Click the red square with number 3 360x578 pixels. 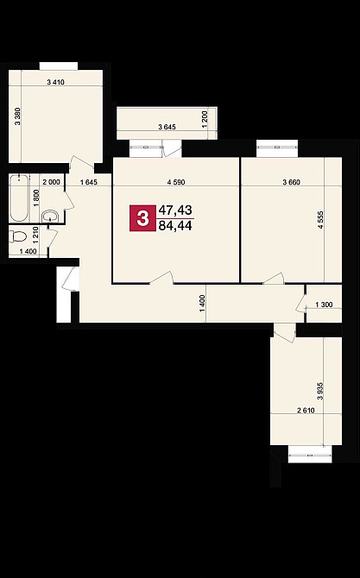[142, 218]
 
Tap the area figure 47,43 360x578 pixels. [175, 210]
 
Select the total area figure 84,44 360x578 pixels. [175, 225]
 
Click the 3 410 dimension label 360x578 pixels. [56, 82]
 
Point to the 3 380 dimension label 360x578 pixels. [18, 116]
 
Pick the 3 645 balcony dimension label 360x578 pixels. [167, 127]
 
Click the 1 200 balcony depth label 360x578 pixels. [205, 119]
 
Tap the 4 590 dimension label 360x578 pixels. [176, 182]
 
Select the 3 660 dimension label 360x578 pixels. [292, 182]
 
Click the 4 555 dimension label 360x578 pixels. [320, 220]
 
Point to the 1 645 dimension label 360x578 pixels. [89, 182]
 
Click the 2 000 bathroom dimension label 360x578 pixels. [51, 182]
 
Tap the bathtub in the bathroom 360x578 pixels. [19, 198]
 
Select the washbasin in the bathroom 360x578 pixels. [50, 216]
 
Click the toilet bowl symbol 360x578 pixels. [17, 236]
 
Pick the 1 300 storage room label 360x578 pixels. [325, 305]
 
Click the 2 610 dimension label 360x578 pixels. [306, 410]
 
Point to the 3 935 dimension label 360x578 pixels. [320, 391]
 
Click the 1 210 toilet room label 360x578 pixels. [36, 236]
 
